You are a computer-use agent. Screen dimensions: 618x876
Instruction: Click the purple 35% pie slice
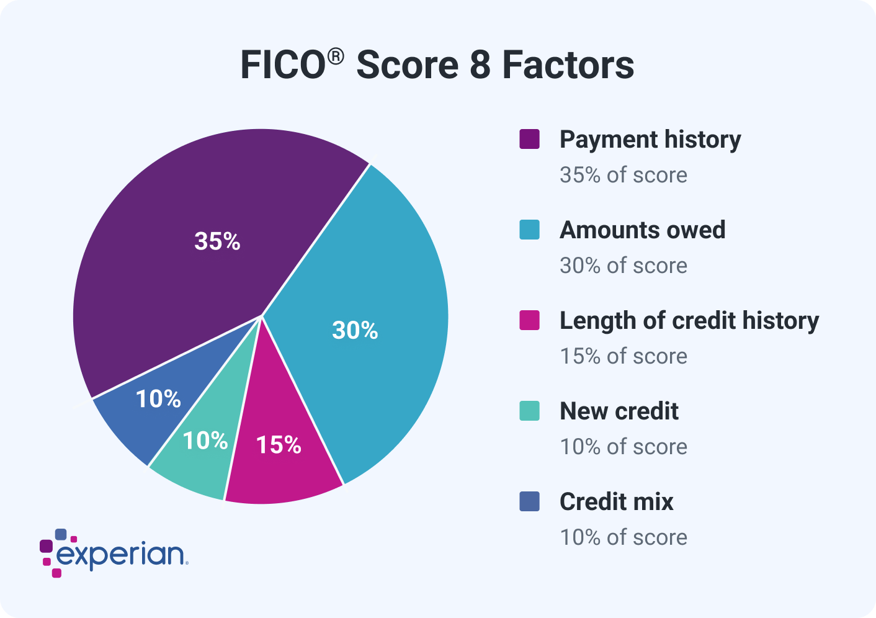point(205,248)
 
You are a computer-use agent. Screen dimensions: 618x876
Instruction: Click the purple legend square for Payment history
point(529,139)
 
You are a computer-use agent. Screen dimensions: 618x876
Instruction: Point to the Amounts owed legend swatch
point(529,230)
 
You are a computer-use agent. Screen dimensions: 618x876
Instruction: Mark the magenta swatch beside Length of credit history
point(529,320)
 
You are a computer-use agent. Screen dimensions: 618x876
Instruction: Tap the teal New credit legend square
point(529,411)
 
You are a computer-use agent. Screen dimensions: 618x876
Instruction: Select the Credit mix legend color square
point(529,501)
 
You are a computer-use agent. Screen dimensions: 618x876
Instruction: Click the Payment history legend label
point(650,140)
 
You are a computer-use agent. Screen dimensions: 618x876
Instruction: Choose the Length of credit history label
point(689,321)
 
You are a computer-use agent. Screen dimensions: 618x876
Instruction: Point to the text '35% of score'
point(623,175)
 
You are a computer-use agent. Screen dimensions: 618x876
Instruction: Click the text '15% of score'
point(623,356)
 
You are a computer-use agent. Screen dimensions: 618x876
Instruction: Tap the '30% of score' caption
point(623,266)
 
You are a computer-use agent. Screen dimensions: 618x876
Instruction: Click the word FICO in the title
point(282,65)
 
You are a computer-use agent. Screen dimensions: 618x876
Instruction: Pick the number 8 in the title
point(480,65)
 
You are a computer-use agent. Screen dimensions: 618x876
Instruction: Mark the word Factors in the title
point(568,65)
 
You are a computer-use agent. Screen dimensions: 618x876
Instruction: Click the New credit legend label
point(619,411)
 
